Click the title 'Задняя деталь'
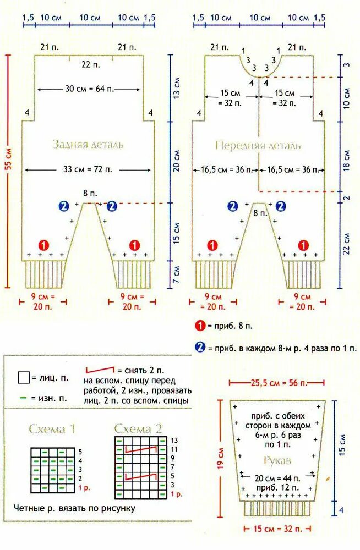88,145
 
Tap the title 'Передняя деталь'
258,146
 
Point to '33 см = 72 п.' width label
88,169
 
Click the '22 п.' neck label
88,64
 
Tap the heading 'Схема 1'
51,430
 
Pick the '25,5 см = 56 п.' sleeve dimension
276,382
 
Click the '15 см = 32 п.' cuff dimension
276,529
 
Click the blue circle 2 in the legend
200,348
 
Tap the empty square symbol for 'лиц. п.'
23,378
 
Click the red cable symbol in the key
100,370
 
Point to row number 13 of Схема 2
174,441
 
